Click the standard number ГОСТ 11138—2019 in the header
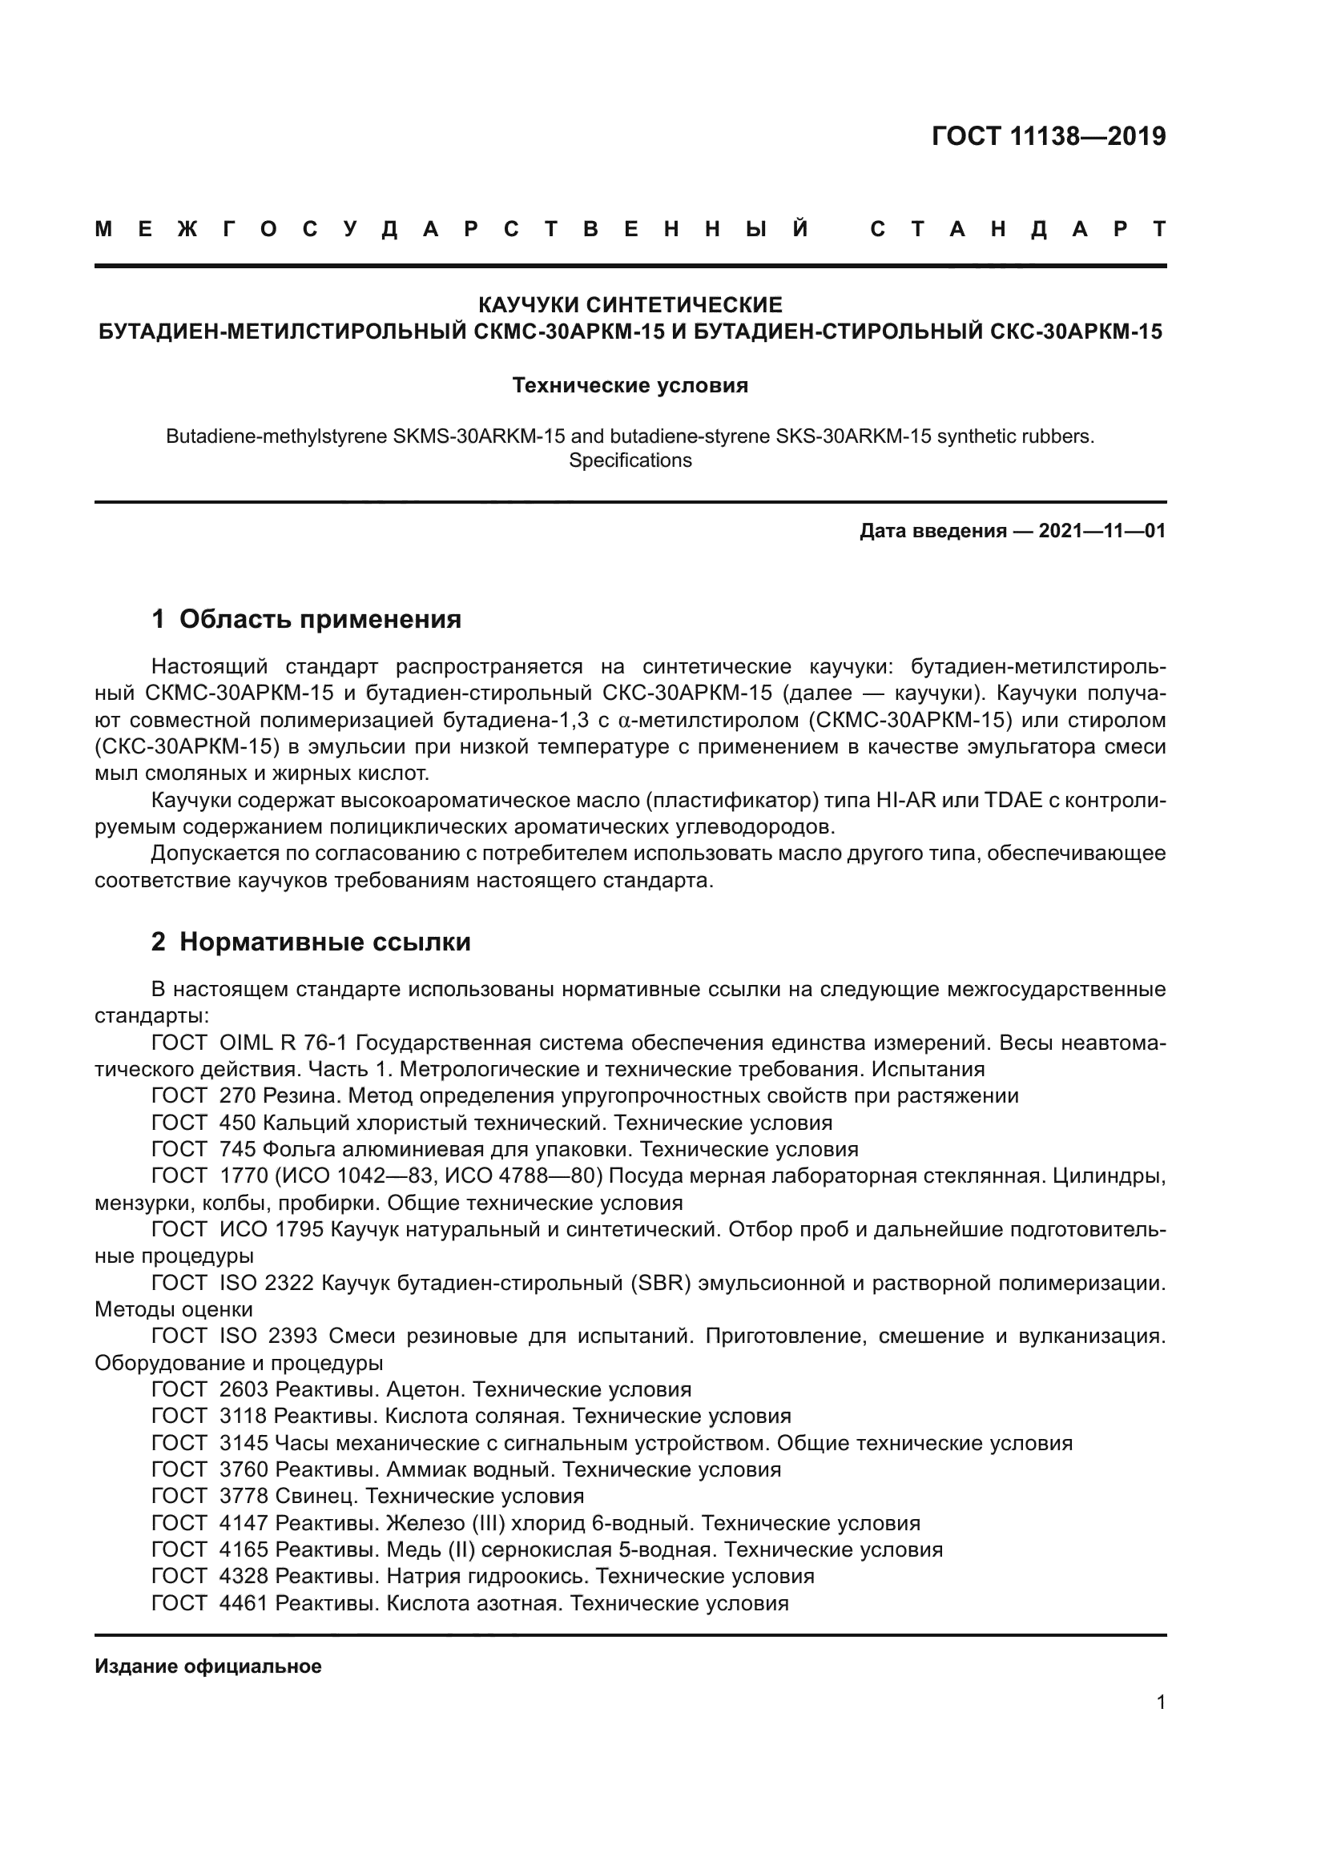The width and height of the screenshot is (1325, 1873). point(1049,136)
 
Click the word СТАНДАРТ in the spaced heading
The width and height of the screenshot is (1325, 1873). point(1017,230)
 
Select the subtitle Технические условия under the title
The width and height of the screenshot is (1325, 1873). point(630,385)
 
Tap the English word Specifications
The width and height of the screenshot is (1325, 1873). point(630,460)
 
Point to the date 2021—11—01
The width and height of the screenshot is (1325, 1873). point(1101,531)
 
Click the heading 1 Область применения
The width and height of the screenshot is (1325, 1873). point(306,619)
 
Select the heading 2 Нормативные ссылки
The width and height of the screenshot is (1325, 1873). point(311,943)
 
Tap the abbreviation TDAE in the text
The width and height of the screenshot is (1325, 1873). point(1013,800)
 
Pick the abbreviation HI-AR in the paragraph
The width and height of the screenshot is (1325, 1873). point(906,800)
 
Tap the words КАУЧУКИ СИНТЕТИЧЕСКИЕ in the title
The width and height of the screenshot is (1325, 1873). point(630,305)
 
